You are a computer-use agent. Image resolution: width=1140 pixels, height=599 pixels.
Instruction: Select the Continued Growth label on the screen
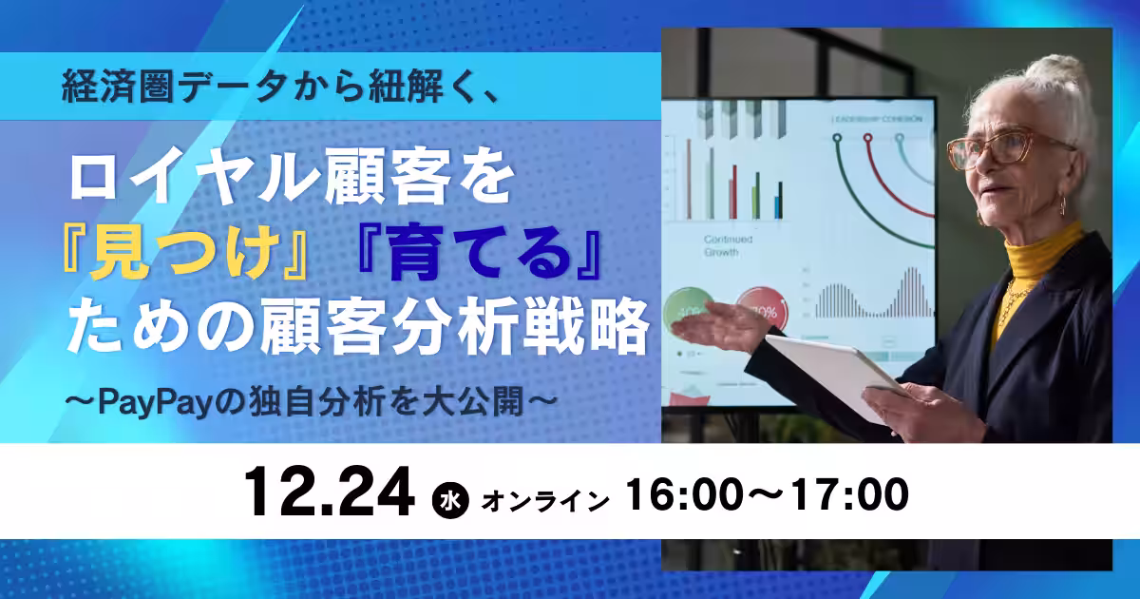point(731,246)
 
